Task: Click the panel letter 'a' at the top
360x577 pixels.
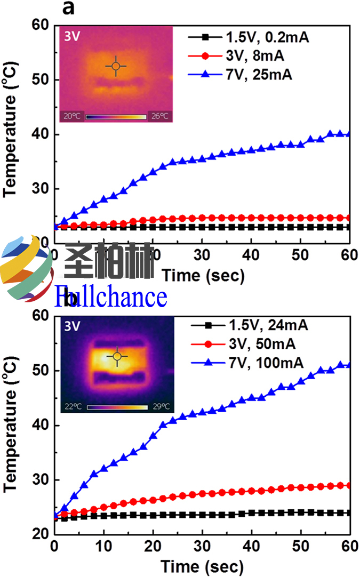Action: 68,9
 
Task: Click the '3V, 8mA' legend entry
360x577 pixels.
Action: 240,56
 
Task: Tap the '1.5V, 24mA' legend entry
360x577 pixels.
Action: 248,325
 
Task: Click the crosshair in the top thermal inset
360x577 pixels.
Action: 116,66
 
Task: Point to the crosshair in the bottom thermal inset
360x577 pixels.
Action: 117,356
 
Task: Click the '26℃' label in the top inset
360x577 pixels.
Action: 160,116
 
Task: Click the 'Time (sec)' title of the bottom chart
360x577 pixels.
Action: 203,565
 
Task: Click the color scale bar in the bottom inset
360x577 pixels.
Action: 117,407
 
